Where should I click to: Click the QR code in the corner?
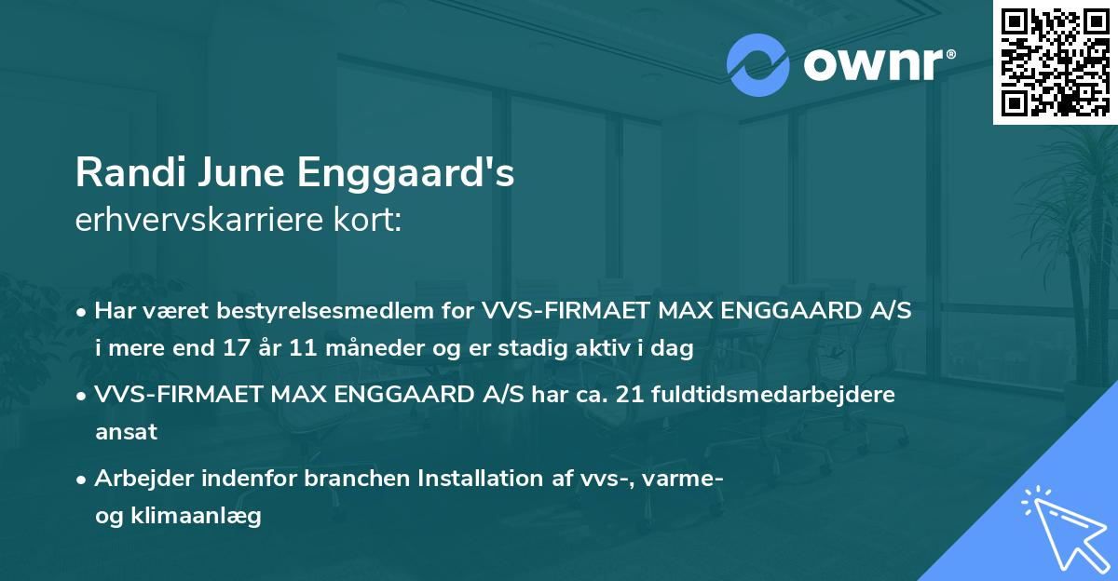1055,61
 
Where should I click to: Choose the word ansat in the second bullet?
126,431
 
